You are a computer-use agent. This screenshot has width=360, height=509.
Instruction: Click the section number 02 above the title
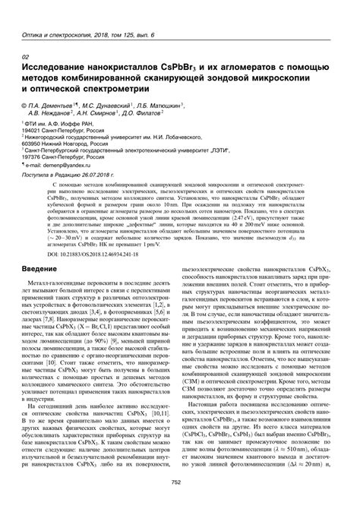[27, 58]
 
